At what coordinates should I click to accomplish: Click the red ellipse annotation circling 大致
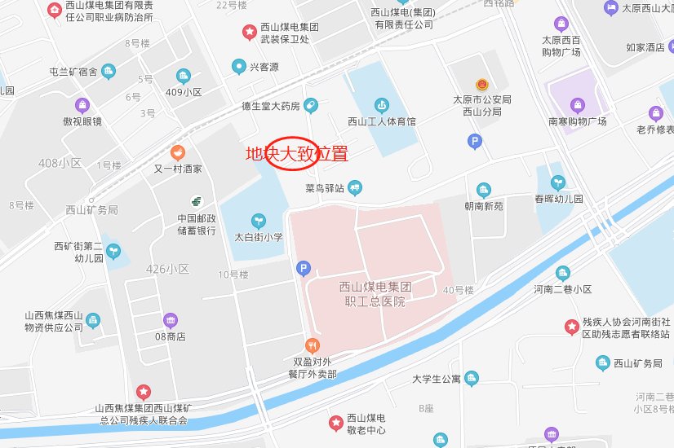pos(291,153)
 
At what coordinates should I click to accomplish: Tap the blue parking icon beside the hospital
pos(304,267)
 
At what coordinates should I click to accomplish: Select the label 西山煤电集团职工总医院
pos(375,294)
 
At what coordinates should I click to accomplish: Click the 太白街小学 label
pos(259,238)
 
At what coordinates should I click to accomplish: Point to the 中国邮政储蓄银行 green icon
pos(197,200)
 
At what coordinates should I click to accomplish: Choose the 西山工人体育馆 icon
pos(381,105)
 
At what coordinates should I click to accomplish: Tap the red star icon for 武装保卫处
pos(250,32)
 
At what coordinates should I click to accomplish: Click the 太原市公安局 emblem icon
pos(482,84)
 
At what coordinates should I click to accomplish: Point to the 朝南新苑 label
pos(484,207)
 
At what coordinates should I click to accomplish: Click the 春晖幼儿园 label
pos(558,199)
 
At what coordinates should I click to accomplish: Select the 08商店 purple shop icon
pos(170,319)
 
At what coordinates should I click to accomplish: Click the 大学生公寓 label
pos(437,379)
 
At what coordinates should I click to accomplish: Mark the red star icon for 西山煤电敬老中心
pos(335,422)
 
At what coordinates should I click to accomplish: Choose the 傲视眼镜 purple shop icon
pos(82,105)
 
